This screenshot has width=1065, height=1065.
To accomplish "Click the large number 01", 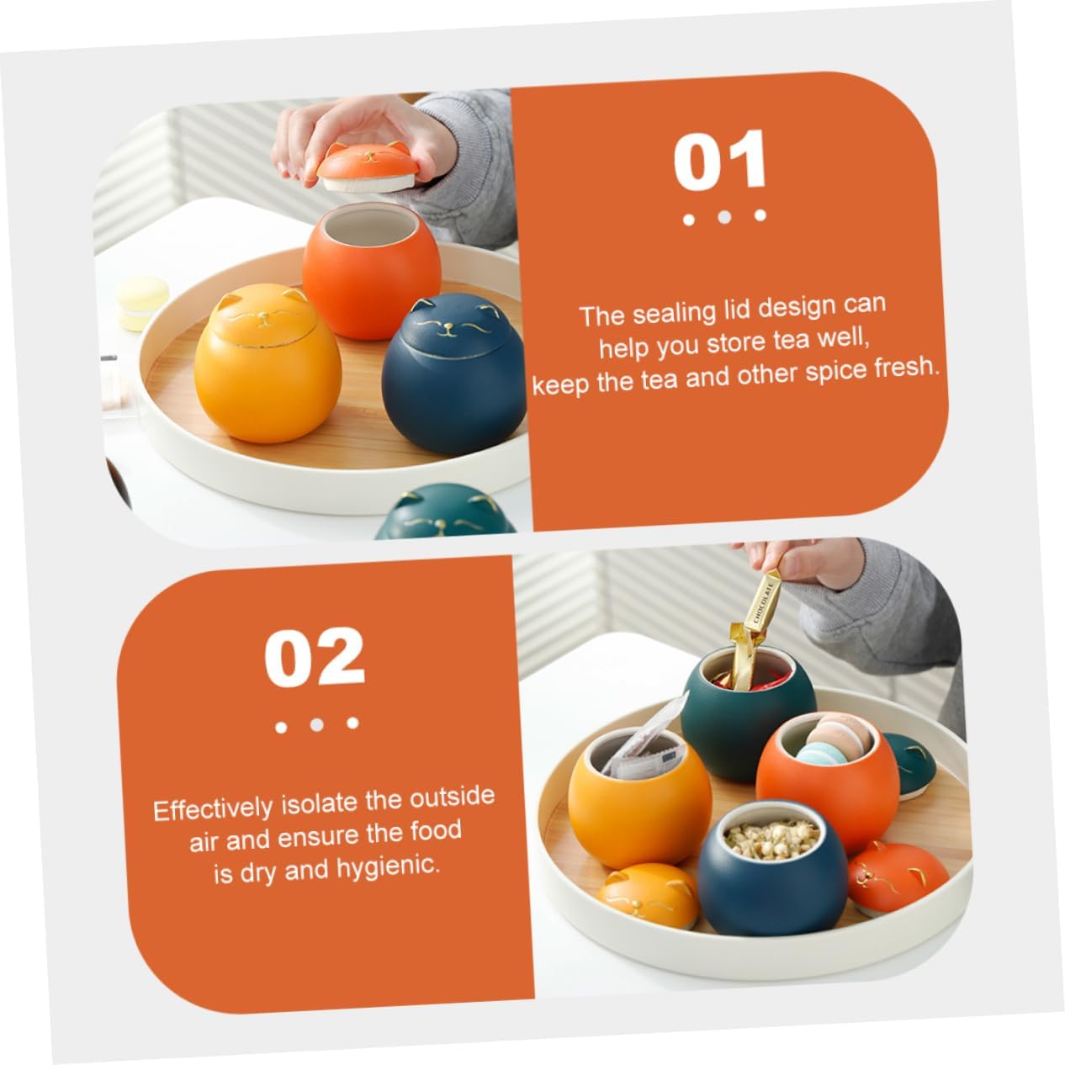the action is click(x=720, y=162).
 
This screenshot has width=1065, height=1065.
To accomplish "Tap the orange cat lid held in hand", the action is click(x=368, y=167).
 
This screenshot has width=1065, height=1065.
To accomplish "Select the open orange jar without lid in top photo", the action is click(x=371, y=270).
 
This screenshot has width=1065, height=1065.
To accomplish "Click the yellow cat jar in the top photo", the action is click(x=267, y=363).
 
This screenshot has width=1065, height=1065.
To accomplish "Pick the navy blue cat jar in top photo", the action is click(x=454, y=374).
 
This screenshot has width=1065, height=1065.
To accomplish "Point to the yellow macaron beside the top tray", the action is click(x=142, y=303).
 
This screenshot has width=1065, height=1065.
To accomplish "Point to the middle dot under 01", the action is click(x=724, y=217).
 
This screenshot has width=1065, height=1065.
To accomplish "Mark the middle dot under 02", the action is click(x=316, y=724).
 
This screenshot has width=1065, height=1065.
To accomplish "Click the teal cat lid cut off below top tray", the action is click(x=446, y=511).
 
